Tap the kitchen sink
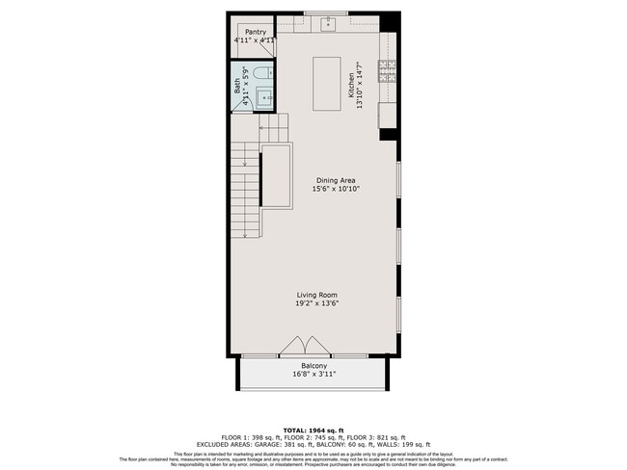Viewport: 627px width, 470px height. click(328, 24)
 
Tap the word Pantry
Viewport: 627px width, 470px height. click(255, 32)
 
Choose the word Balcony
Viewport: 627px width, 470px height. click(313, 366)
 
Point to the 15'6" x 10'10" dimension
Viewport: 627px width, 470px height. click(333, 190)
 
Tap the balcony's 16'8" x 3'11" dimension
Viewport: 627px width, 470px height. click(313, 375)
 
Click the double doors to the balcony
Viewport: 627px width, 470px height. click(306, 344)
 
